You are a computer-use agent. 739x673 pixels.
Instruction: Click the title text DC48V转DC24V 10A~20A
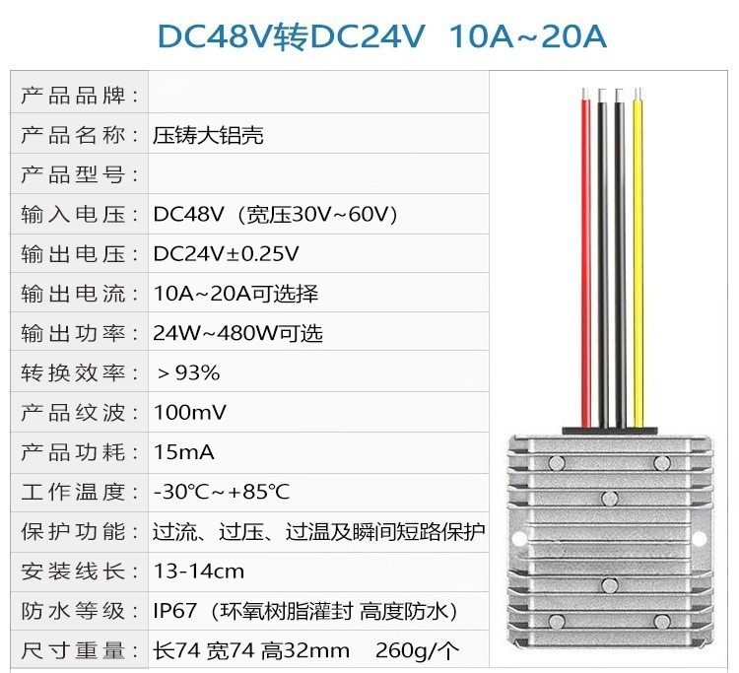coord(381,35)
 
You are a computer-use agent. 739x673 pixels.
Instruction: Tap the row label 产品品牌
coord(81,96)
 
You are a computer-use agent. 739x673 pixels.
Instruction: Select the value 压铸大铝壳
coord(208,135)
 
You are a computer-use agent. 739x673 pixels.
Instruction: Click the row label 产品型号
coord(81,174)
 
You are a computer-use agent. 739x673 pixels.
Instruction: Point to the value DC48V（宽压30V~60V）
coord(276,214)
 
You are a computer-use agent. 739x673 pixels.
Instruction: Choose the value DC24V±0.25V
coord(226,254)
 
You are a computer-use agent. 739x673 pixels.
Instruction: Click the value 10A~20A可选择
coord(235,294)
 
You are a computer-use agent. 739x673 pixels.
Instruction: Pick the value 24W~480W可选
coord(237,333)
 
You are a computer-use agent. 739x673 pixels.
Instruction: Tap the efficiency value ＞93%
coord(187,372)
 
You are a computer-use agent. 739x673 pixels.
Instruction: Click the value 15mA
coord(183,452)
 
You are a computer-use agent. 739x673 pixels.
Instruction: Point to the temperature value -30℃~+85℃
coord(222,492)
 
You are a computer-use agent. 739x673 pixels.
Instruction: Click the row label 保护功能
coord(81,532)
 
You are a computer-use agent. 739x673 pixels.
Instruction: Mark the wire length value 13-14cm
coord(198,572)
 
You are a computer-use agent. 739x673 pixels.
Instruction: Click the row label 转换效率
coord(81,372)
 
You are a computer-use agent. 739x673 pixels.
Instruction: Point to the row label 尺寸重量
coord(81,651)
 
